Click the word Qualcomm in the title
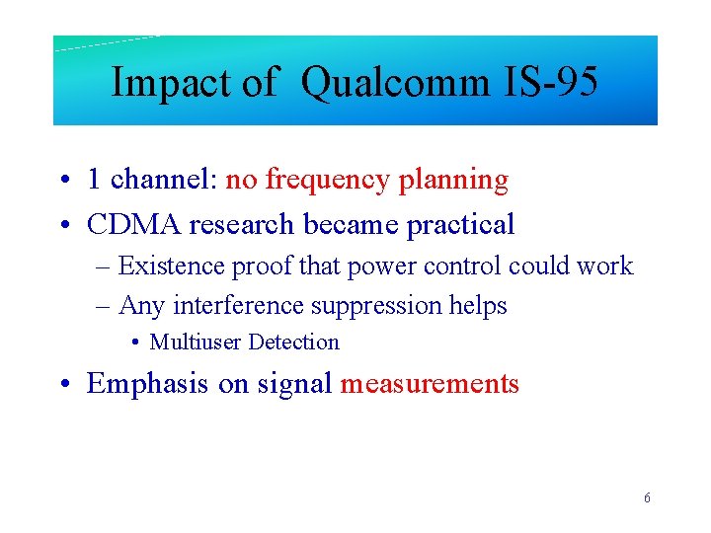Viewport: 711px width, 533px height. (395, 83)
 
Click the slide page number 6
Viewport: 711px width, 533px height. (647, 498)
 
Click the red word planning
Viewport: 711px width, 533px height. (453, 181)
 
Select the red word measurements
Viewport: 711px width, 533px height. (430, 383)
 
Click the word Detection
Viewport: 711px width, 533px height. (293, 343)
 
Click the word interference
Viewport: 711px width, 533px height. (230, 306)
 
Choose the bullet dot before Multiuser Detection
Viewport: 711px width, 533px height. (134, 343)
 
